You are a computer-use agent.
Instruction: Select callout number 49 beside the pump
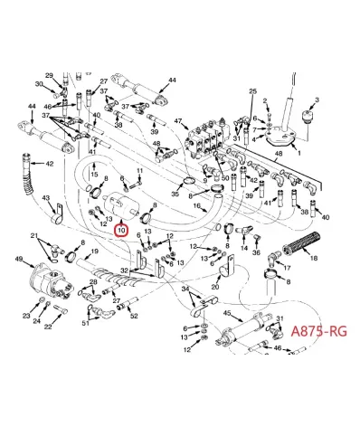coord(18,260)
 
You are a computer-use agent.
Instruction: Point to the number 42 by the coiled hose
coord(49,164)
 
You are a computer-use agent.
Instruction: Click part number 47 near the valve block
coord(177,120)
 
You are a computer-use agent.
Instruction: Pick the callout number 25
coord(252,92)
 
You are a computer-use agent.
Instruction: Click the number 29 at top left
coord(49,75)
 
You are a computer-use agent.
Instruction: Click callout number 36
coord(257,252)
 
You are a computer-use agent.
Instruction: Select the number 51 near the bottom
coord(86,321)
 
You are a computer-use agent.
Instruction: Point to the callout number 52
coord(133,316)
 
